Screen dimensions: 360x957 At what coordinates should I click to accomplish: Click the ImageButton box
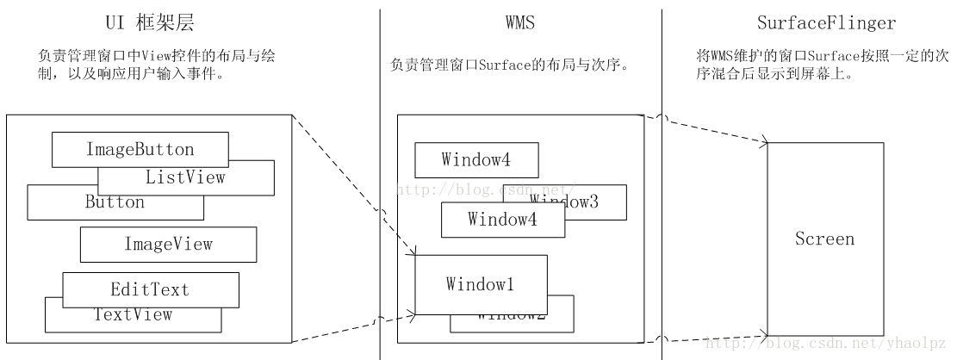coord(140,150)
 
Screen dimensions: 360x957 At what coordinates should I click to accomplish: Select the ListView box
coord(186,178)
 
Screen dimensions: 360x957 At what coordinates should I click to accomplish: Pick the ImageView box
coord(168,245)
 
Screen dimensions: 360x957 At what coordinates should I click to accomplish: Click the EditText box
coord(150,289)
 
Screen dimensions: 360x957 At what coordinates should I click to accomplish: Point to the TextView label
coord(133,315)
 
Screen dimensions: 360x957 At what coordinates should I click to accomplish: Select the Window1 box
coord(481,284)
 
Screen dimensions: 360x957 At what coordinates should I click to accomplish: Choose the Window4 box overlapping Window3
coord(503,220)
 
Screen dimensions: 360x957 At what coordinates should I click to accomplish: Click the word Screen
coord(824,239)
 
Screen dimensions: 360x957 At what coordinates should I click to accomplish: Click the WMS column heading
coord(519,23)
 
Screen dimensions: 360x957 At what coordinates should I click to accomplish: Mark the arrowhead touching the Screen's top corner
coord(762,142)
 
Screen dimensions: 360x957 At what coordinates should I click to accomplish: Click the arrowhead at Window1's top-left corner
coord(413,252)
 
